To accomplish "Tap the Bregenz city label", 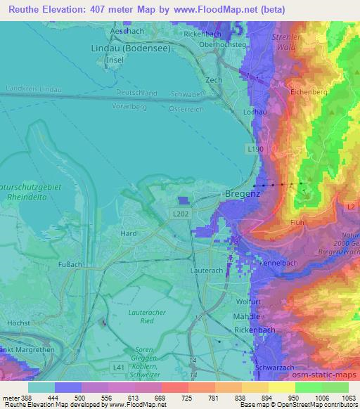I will [x=243, y=193].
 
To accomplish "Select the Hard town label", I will [x=129, y=234].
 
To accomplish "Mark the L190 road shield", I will [x=257, y=150].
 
